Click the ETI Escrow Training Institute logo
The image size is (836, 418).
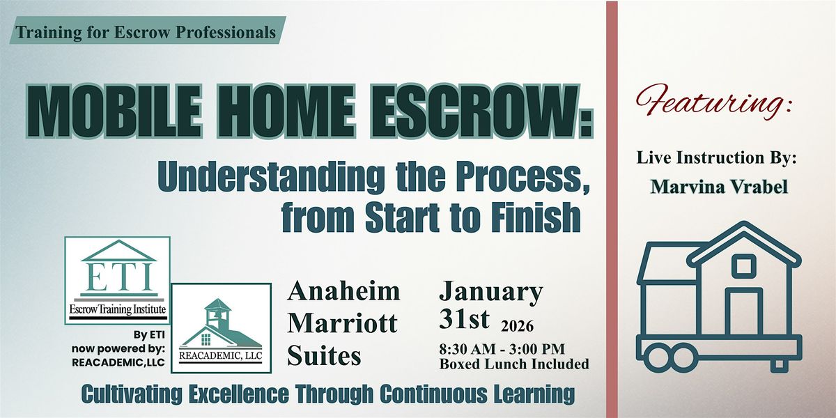tap(117, 280)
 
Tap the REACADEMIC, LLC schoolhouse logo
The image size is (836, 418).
tap(221, 325)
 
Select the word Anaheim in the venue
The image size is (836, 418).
tap(343, 291)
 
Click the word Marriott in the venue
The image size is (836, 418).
tap(342, 323)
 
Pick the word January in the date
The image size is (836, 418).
tap(490, 291)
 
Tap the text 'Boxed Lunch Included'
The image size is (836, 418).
tap(514, 364)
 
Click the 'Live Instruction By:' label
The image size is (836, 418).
tap(716, 159)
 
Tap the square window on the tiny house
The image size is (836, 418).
tap(743, 265)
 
